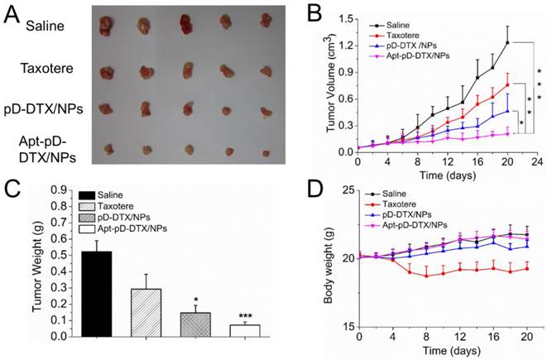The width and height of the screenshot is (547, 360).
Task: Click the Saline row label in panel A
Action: (46, 26)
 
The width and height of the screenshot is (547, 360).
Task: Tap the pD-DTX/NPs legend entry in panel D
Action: (414, 214)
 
